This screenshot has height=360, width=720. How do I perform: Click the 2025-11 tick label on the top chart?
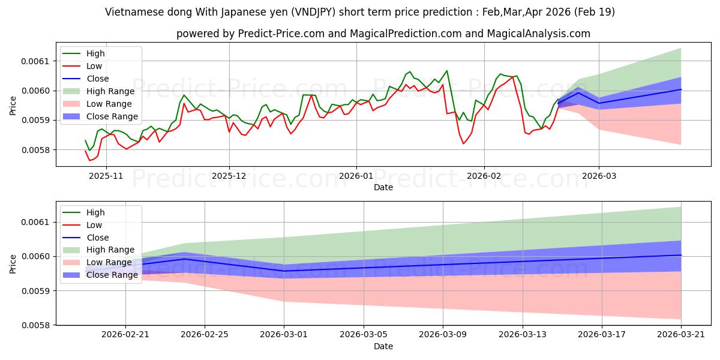point(106,176)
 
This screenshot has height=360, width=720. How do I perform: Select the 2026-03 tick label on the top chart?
point(599,176)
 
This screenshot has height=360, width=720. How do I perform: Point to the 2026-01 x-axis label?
point(356,176)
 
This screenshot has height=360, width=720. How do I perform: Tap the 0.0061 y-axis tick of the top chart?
point(35,61)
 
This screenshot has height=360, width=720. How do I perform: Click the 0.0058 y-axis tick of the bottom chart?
point(35,325)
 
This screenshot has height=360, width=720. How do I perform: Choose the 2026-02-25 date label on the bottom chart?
point(205,335)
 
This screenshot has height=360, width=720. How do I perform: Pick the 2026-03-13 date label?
point(523,335)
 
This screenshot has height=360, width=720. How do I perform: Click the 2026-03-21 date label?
point(681,335)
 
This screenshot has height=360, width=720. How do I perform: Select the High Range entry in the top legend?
point(110,91)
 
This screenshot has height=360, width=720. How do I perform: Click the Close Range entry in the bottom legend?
point(112,275)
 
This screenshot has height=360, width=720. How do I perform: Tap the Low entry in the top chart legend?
point(94,66)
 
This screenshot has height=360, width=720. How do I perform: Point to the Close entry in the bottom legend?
point(98,238)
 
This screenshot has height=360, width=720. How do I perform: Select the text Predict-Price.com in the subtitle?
point(281,34)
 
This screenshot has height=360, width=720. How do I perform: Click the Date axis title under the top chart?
point(383,187)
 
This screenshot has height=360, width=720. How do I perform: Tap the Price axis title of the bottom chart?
point(13,264)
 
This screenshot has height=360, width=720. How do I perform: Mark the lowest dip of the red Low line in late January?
point(463,143)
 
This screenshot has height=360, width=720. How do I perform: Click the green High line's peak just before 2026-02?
point(446,71)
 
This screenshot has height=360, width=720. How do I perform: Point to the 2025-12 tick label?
point(229,176)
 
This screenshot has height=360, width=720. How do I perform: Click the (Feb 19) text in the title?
point(595,12)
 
